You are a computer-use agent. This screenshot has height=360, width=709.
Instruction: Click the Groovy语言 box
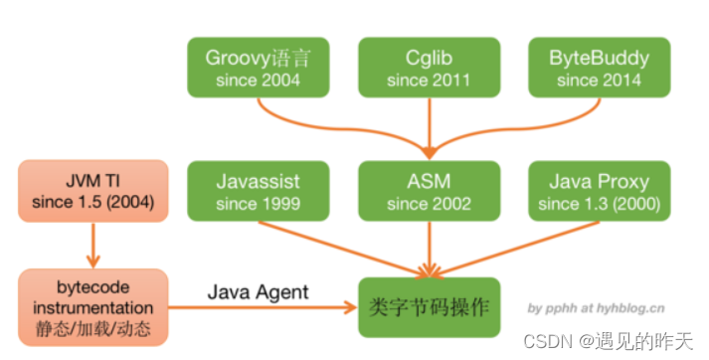(x=259, y=68)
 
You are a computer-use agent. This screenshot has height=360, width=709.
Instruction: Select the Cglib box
(x=430, y=68)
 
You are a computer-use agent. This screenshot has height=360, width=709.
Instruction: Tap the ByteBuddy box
(x=600, y=68)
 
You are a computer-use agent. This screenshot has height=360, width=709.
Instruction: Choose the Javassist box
(x=259, y=191)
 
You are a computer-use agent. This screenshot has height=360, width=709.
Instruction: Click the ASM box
(x=430, y=191)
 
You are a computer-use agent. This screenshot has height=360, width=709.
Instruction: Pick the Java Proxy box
(x=600, y=191)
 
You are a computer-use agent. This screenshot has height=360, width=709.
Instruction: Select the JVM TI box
(x=93, y=191)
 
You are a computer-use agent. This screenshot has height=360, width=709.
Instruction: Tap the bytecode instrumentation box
(x=93, y=307)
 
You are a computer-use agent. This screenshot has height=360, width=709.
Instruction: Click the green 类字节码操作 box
(x=430, y=307)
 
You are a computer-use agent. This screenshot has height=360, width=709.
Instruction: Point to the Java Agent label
(x=259, y=292)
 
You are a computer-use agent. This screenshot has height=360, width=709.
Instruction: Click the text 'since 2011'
(x=429, y=81)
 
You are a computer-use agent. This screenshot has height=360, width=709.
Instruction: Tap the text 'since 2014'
(x=600, y=81)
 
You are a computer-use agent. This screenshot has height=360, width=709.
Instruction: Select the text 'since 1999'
(x=259, y=204)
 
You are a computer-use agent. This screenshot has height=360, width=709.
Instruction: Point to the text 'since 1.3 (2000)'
(x=600, y=204)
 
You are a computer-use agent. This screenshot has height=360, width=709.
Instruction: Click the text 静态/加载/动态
(x=93, y=329)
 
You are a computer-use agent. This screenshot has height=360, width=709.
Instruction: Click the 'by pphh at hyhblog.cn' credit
(x=596, y=308)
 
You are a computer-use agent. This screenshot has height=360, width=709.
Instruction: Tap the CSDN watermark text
(x=609, y=341)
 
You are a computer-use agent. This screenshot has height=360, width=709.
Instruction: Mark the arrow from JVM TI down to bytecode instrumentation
(x=93, y=246)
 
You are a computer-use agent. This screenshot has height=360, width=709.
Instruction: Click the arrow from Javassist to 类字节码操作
(x=344, y=250)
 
